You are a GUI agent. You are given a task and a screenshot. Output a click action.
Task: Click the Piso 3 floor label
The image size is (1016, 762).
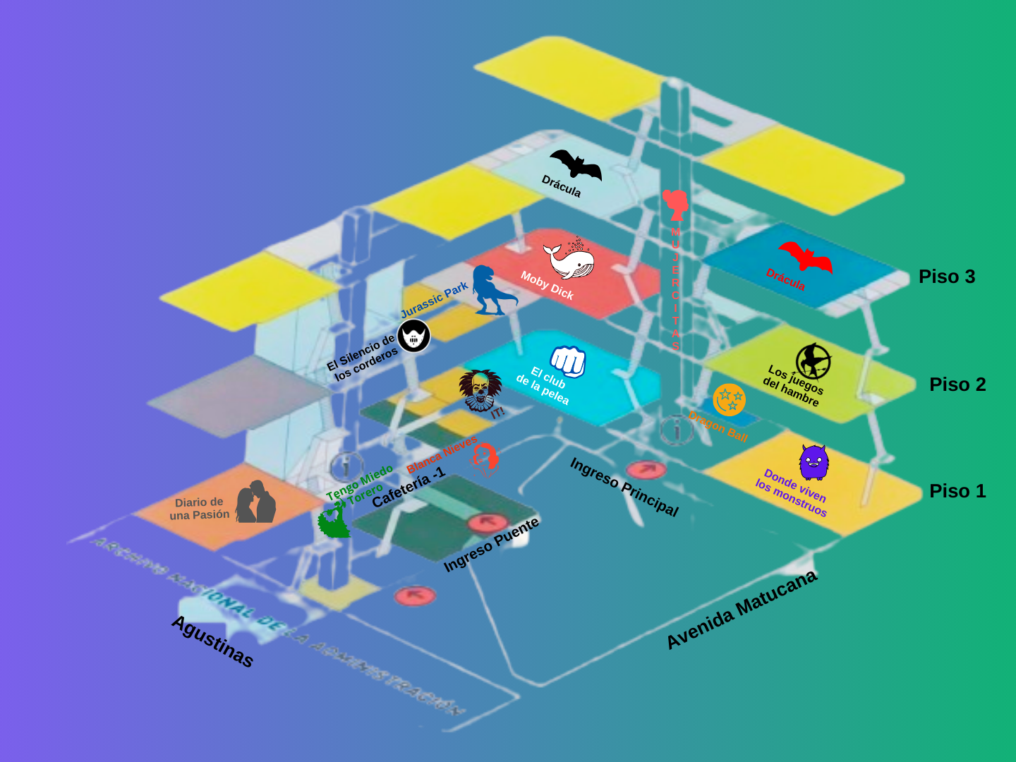point(946,277)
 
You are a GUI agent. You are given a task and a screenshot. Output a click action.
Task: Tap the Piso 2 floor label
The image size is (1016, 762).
point(957,385)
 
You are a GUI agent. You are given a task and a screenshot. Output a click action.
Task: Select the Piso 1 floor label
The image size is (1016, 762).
point(957,491)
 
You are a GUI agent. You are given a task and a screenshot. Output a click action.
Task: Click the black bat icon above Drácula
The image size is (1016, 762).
point(576,165)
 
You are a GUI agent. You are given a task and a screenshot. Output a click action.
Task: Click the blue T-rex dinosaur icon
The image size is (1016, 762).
point(492,290)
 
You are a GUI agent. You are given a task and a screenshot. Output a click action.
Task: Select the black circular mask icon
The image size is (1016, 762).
point(413,336)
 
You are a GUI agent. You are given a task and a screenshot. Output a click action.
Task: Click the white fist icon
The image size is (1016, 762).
point(568,361)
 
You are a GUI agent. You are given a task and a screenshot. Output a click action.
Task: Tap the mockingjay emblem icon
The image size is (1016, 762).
point(814,361)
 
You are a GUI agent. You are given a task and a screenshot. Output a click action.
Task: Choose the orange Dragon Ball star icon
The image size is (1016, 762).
point(729,400)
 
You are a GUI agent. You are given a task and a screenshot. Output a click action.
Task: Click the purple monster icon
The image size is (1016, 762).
point(814,463)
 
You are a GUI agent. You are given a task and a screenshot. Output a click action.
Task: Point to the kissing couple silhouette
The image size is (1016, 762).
point(255,502)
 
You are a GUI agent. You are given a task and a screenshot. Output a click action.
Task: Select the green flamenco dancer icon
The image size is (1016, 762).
point(334,521)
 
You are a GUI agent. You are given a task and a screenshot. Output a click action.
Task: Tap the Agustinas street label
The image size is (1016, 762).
point(212,641)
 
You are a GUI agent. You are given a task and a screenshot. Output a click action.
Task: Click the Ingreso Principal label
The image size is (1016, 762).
point(624,487)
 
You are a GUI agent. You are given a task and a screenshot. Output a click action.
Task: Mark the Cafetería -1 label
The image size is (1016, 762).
point(409,487)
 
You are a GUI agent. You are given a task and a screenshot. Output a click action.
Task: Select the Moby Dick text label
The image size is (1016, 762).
point(547,285)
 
